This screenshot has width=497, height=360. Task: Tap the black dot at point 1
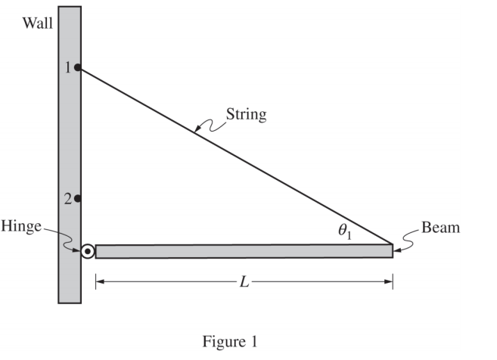point(78,67)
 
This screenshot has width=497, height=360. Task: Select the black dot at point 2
point(78,199)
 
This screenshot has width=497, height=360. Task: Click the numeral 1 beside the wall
point(67,68)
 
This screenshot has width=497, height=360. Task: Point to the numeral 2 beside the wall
point(67,199)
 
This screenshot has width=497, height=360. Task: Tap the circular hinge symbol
point(88,251)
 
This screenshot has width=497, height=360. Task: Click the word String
point(247,115)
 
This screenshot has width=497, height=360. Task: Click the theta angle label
point(346,232)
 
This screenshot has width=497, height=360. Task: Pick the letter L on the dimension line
point(243,282)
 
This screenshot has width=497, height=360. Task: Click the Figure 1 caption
point(229,342)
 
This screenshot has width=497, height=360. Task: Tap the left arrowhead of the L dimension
point(99,282)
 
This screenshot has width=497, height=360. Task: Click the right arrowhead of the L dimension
point(389,282)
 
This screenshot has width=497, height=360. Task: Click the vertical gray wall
point(70,136)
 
